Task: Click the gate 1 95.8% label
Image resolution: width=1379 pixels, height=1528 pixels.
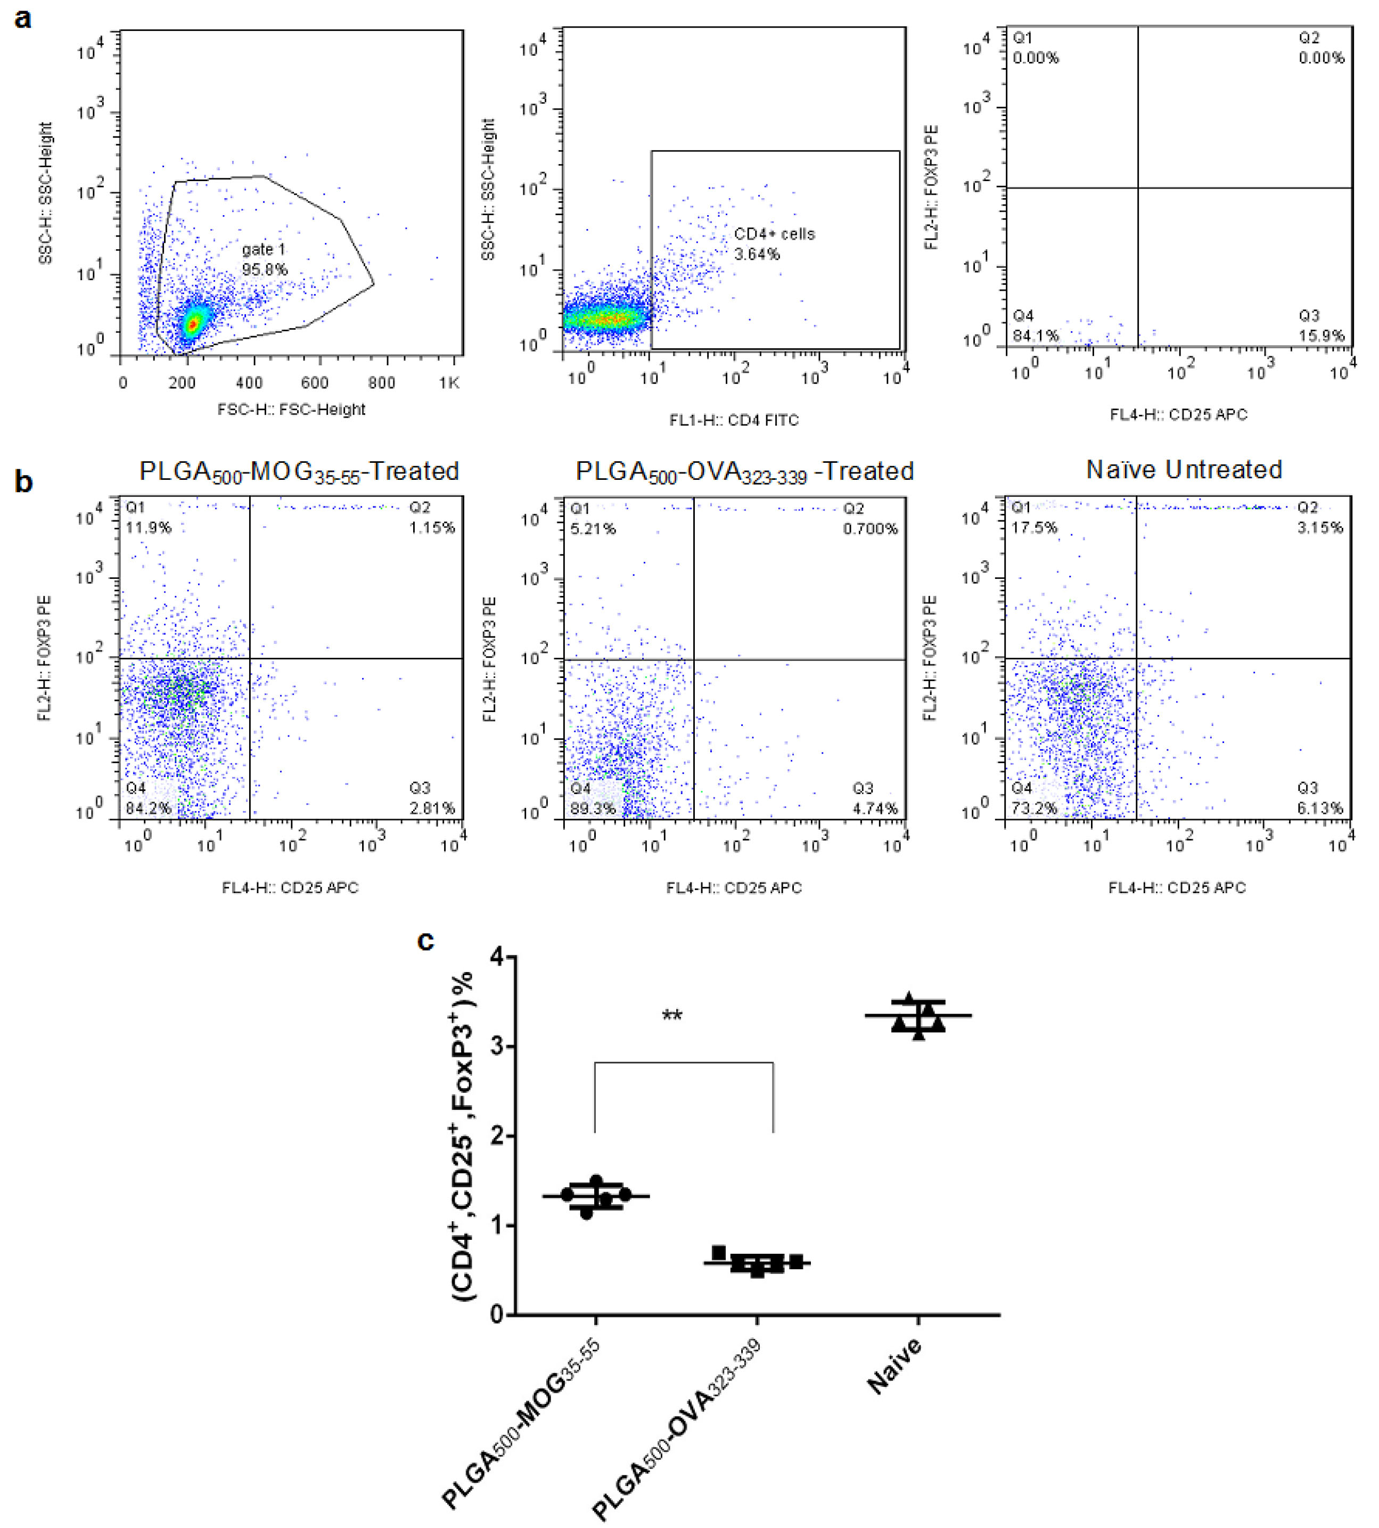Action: point(265,259)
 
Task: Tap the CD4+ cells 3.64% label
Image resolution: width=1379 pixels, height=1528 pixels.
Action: point(774,244)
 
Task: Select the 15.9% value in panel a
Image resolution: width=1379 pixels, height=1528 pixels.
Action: point(1321,336)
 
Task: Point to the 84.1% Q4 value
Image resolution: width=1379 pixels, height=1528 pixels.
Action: point(1036,336)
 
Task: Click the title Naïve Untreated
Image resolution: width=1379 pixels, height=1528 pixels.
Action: point(1184,470)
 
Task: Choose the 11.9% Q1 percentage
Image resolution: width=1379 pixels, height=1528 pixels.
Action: point(149,527)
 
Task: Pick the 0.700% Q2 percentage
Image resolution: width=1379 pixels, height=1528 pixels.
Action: point(871,528)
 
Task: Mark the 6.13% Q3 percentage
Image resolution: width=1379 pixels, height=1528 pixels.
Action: point(1320,808)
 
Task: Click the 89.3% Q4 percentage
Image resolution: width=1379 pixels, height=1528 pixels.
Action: point(593,808)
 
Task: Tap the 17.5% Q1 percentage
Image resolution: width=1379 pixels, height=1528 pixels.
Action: point(1034,527)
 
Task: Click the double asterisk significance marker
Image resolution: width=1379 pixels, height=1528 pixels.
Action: point(672,1016)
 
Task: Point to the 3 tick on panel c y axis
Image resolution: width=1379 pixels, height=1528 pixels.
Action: point(497,1047)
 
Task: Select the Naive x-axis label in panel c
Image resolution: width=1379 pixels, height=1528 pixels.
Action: point(896,1366)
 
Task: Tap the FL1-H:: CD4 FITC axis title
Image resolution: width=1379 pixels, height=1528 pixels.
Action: point(734,420)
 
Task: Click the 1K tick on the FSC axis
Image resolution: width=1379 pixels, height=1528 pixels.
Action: point(449,383)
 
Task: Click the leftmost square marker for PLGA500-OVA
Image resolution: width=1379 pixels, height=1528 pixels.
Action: point(718,1252)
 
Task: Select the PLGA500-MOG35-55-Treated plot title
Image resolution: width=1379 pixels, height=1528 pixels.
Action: point(299,471)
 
